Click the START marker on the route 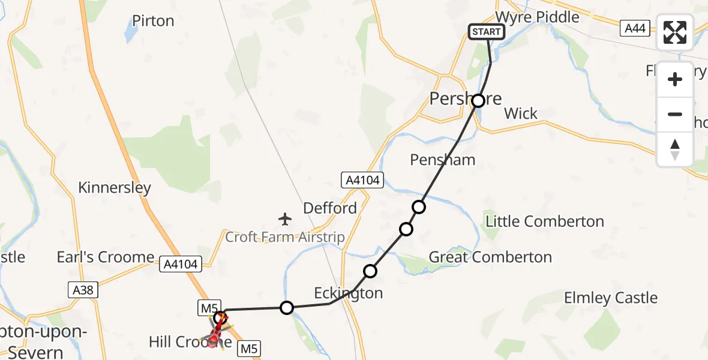[x=486, y=32]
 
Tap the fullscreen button [x=675, y=32]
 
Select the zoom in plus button [x=675, y=79]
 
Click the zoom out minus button [x=675, y=114]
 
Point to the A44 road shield [x=636, y=28]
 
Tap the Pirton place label [x=153, y=21]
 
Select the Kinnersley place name [x=115, y=188]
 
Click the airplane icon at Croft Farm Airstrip [x=286, y=218]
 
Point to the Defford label [x=330, y=208]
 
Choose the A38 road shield [x=83, y=290]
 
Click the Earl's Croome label [x=106, y=257]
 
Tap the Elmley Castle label [x=611, y=298]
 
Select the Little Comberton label [x=545, y=221]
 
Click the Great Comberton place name [x=490, y=257]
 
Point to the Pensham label [x=443, y=160]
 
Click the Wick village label [x=521, y=113]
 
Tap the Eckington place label [x=349, y=293]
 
